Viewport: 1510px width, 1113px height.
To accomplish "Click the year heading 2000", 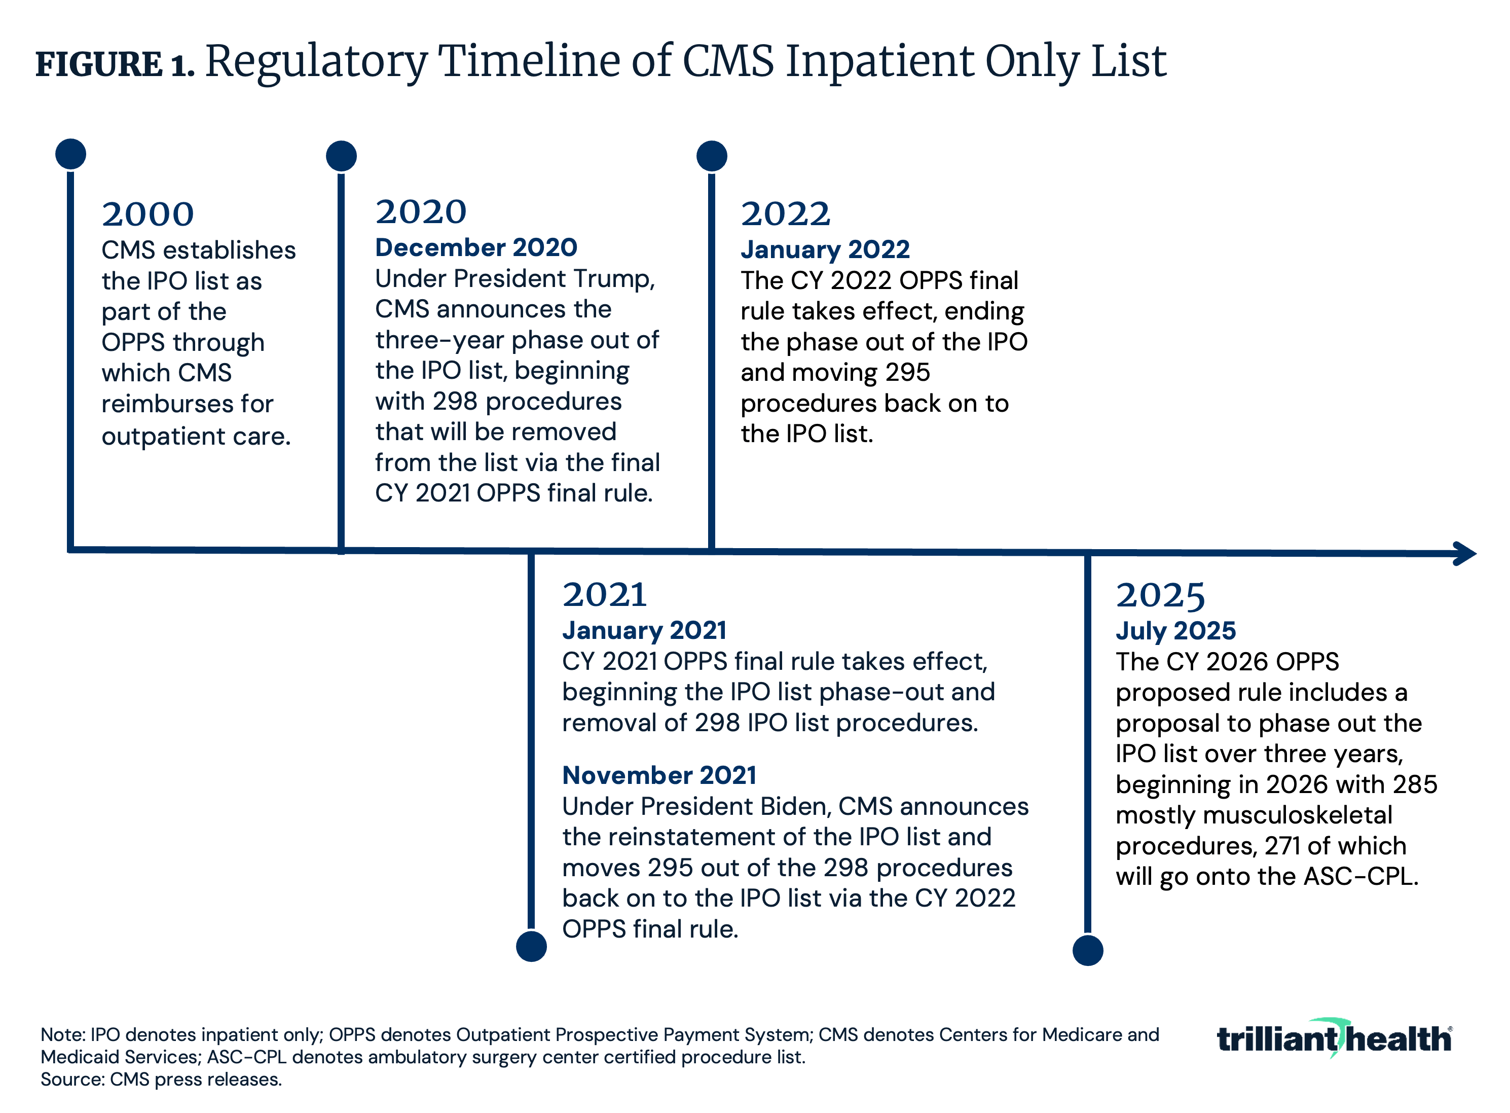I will point(148,215).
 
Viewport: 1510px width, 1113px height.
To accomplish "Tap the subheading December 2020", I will point(475,248).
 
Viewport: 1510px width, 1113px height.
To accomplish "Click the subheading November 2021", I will point(658,775).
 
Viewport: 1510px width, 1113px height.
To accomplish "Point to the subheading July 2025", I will point(1175,631).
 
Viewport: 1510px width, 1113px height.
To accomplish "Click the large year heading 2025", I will point(1160,596).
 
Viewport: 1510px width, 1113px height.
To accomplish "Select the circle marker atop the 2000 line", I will point(71,154).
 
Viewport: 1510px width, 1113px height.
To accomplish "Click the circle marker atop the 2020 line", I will point(342,156).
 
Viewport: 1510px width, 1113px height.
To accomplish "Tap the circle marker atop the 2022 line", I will point(711,156).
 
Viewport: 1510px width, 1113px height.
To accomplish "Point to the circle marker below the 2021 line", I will point(531,947).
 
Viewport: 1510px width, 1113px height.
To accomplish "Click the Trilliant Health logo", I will point(1334,1038).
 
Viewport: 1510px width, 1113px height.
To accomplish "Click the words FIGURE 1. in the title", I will point(115,65).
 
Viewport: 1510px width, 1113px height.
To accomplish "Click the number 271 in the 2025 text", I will point(1282,846).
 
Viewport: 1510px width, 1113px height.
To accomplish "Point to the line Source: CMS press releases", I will point(161,1080).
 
